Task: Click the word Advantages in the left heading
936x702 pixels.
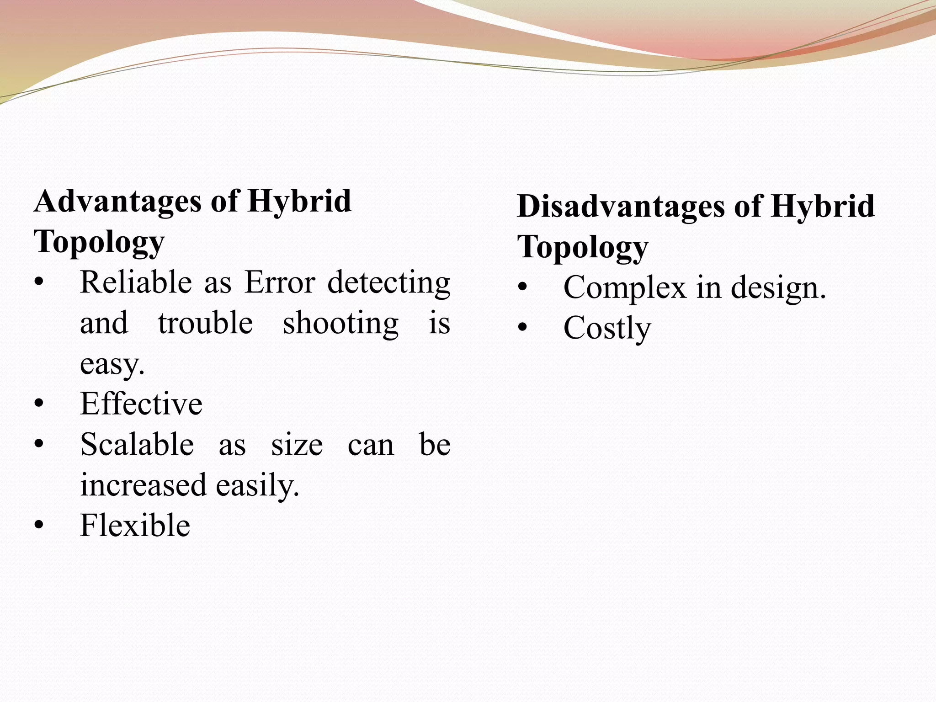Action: (117, 202)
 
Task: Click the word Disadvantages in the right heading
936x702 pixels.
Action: (621, 207)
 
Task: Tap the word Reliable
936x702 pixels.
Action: (136, 282)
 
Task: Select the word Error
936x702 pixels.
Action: (279, 282)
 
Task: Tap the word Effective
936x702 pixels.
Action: (141, 404)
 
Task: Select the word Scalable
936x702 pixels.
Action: (137, 444)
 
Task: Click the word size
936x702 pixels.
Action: (297, 445)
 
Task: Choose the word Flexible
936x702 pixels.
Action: (135, 525)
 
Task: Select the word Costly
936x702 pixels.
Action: (607, 329)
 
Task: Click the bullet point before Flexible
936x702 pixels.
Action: (39, 526)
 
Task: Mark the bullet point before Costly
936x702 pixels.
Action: (523, 328)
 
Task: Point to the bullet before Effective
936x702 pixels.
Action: (39, 404)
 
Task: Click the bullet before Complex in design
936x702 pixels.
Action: (523, 287)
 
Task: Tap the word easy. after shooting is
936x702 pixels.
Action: (112, 365)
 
